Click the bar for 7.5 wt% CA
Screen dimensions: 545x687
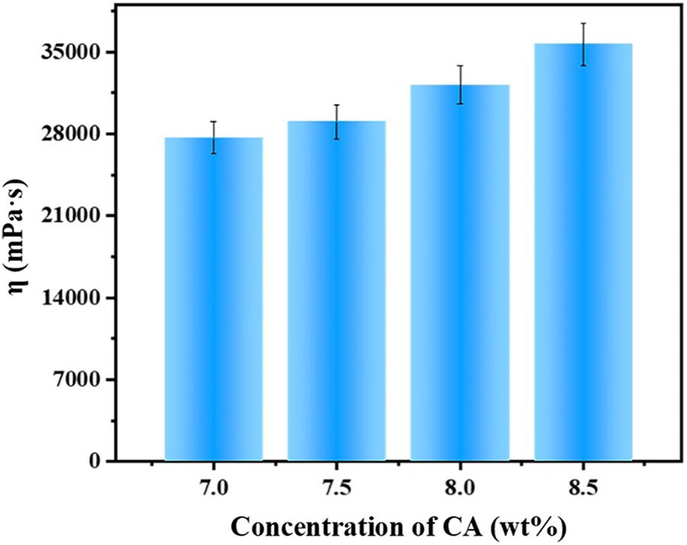(x=336, y=291)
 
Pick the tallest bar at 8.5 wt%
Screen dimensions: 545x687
(x=583, y=252)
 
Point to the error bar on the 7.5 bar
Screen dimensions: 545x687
(x=336, y=121)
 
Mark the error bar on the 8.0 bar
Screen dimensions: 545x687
(x=460, y=85)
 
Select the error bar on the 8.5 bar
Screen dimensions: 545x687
(x=583, y=44)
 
